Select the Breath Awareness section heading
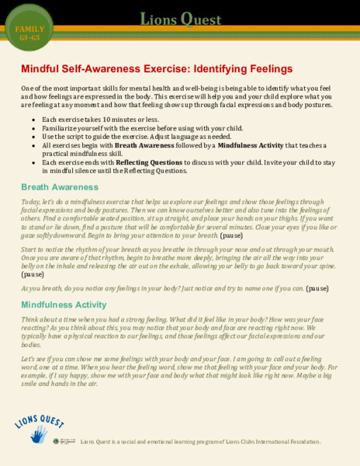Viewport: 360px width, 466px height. point(60,187)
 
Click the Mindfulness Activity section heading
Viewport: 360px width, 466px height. point(64,304)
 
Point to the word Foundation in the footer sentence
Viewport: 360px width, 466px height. point(301,442)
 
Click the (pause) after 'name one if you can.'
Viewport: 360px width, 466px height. point(317,287)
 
